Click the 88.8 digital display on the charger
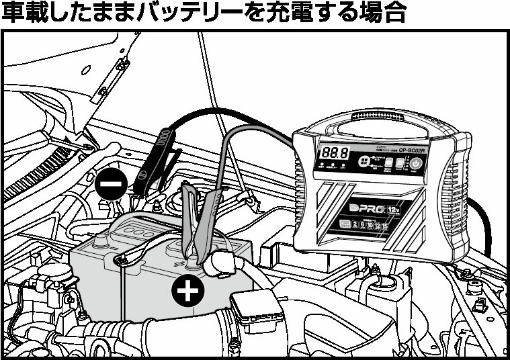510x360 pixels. [x=334, y=153]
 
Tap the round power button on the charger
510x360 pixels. [x=417, y=163]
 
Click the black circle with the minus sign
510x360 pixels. [x=110, y=183]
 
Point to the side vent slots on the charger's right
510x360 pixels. [x=456, y=195]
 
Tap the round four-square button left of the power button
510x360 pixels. [x=364, y=162]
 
